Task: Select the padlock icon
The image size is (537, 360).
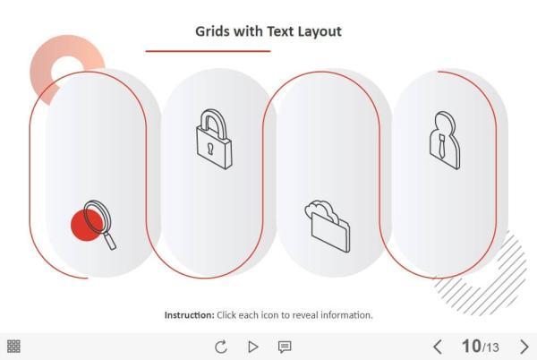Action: point(214,140)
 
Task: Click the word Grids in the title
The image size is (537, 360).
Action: point(213,31)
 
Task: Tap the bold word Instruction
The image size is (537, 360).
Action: point(189,315)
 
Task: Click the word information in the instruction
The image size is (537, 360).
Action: point(348,315)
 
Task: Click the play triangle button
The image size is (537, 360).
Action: point(253,347)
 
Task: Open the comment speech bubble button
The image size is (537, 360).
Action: point(285,347)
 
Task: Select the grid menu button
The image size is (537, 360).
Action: point(14,347)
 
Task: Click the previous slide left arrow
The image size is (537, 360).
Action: point(438,347)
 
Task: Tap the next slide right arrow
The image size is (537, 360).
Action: point(524,347)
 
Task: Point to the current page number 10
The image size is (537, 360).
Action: point(471,347)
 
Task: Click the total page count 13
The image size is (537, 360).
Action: point(492,347)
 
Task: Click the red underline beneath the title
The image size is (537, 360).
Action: point(208,51)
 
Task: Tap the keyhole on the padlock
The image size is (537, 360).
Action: point(211,147)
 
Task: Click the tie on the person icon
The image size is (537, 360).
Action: point(442,146)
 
